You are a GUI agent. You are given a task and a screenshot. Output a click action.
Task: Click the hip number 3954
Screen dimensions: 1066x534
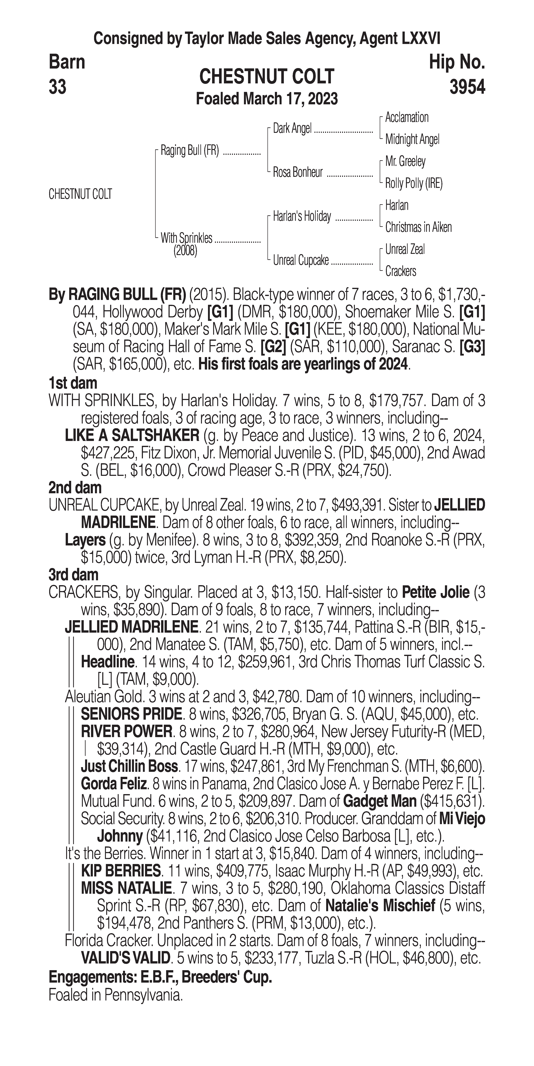(x=467, y=87)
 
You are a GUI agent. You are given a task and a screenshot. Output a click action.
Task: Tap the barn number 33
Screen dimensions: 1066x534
(x=57, y=87)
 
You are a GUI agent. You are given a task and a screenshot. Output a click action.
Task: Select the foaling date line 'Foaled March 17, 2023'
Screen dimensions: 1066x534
(x=267, y=99)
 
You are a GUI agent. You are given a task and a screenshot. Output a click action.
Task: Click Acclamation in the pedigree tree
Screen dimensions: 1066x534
(x=407, y=118)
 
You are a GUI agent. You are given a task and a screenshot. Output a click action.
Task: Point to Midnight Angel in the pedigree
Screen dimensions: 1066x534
(x=412, y=140)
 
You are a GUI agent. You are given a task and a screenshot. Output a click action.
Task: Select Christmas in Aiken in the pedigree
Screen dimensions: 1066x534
(x=418, y=227)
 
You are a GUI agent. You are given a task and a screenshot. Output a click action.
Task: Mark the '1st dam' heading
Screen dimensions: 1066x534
(x=73, y=383)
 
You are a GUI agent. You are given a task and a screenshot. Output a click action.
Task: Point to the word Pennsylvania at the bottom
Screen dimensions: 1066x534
(x=143, y=995)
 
